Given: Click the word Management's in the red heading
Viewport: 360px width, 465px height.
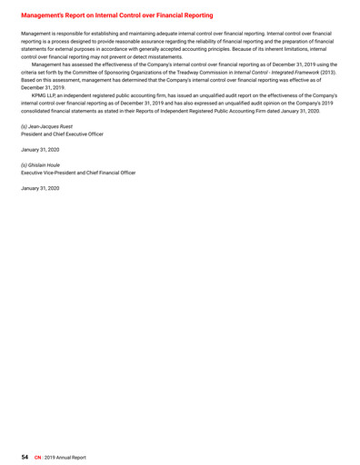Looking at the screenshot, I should click(x=45, y=15).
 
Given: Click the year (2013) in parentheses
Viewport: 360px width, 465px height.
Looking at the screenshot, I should click(x=331, y=74).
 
